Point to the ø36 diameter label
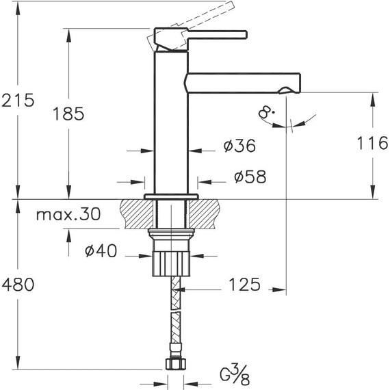[x=239, y=146]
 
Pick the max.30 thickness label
[x=68, y=215]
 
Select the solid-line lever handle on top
[x=205, y=35]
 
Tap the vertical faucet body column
[x=171, y=130]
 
